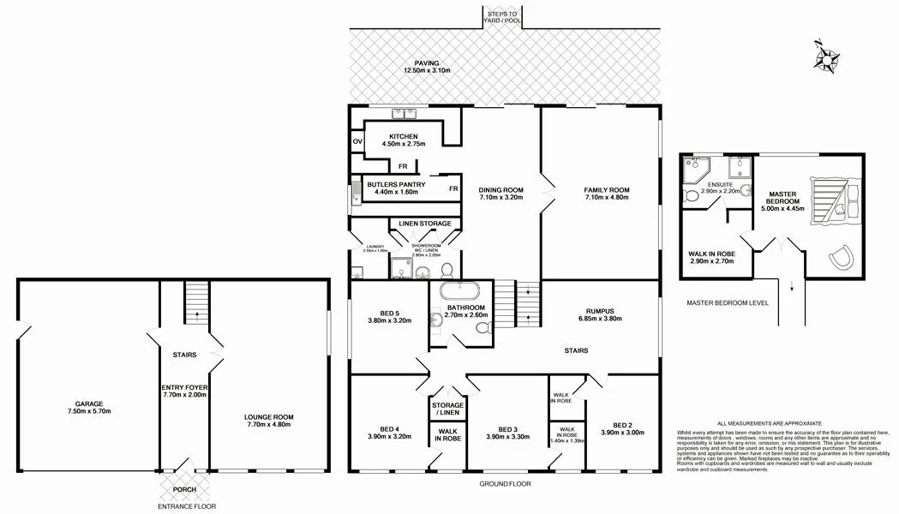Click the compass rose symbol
(827, 57)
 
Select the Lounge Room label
(270, 419)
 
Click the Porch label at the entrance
(184, 489)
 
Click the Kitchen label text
(403, 137)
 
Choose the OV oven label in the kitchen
(357, 142)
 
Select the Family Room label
(607, 190)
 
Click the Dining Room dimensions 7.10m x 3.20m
(500, 199)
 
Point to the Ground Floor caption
(505, 483)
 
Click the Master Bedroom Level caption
(728, 303)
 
